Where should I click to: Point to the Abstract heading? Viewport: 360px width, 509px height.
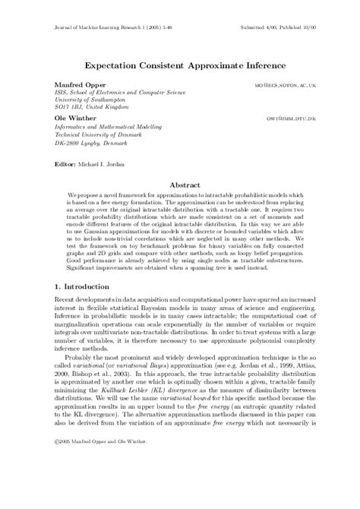(179, 185)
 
